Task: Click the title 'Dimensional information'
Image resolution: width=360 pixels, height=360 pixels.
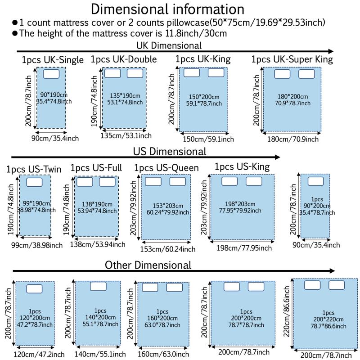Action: pos(168,9)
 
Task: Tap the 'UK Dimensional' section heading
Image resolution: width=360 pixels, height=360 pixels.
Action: pos(169,45)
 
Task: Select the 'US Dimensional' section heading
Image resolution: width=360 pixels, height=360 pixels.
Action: pos(170,151)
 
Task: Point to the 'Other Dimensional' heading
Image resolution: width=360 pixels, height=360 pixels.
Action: pos(148,265)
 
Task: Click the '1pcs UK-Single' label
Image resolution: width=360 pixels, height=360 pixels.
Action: pos(53,60)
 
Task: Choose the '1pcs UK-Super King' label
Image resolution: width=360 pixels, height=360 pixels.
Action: pos(292,59)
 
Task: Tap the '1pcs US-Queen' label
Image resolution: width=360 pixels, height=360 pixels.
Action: pos(166,168)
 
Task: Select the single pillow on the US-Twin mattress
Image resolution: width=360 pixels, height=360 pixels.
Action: pos(34,182)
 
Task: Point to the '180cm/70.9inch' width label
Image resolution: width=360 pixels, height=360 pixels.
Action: pos(292,139)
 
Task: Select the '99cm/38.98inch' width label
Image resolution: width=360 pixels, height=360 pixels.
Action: pos(37,245)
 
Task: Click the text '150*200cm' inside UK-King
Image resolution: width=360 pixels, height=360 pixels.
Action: pos(204,97)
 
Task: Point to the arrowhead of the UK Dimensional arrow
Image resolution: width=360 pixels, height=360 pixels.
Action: pos(330,52)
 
